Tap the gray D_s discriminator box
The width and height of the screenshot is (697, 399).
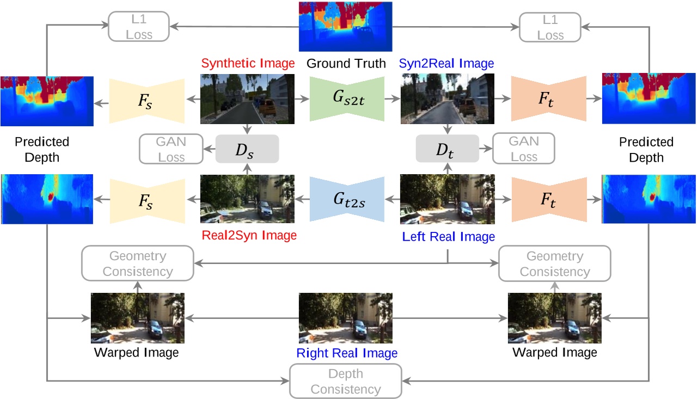[x=247, y=149]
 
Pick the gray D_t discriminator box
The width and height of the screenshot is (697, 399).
[x=447, y=148]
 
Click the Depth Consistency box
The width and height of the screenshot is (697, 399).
[x=345, y=382]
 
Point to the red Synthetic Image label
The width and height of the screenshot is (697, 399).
[x=248, y=63]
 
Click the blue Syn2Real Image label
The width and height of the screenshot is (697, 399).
[x=446, y=63]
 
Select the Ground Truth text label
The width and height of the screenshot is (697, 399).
[x=346, y=63]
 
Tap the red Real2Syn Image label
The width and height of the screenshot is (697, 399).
[x=249, y=236]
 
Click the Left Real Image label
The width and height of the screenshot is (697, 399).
[x=448, y=237]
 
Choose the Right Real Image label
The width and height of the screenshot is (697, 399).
[x=347, y=353]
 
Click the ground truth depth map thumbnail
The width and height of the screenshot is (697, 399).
[x=345, y=26]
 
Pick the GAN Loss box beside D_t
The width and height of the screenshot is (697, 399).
[x=523, y=149]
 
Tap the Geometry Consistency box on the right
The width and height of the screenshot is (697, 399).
[x=554, y=263]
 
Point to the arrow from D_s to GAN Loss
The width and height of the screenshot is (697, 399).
[x=209, y=149]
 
